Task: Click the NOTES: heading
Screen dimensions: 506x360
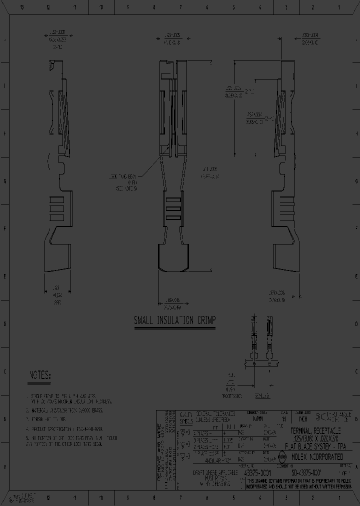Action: point(40,375)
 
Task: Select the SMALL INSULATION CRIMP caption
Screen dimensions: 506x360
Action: point(174,321)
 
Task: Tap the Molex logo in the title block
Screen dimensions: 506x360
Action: point(281,455)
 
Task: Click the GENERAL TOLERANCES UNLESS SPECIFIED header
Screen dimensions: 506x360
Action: point(215,417)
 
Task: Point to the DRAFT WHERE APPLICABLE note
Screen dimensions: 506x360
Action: point(212,478)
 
